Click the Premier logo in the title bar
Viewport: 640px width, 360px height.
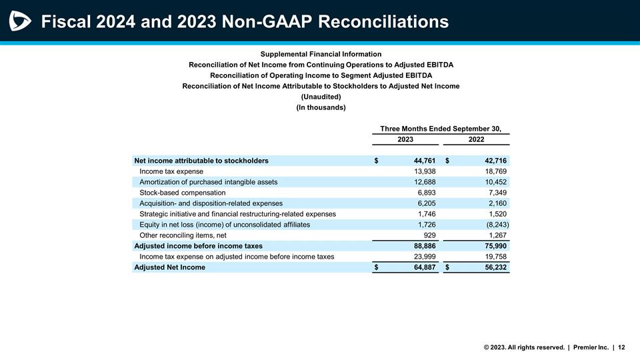tap(21, 21)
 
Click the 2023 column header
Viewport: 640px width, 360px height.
tap(405, 139)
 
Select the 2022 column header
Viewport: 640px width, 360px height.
tap(476, 139)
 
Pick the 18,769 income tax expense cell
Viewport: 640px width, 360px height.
tap(494, 171)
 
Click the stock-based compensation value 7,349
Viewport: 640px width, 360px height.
tap(496, 193)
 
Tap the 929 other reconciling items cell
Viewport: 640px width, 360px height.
tap(429, 235)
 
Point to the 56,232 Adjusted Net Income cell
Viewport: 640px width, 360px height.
tap(494, 267)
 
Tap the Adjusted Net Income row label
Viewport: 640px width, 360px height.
tap(169, 267)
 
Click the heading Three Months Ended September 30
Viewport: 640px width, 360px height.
tap(440, 128)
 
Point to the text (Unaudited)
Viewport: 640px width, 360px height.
tap(321, 97)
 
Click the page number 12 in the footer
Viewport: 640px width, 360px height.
tap(621, 347)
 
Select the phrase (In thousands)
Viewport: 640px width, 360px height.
tap(321, 107)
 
